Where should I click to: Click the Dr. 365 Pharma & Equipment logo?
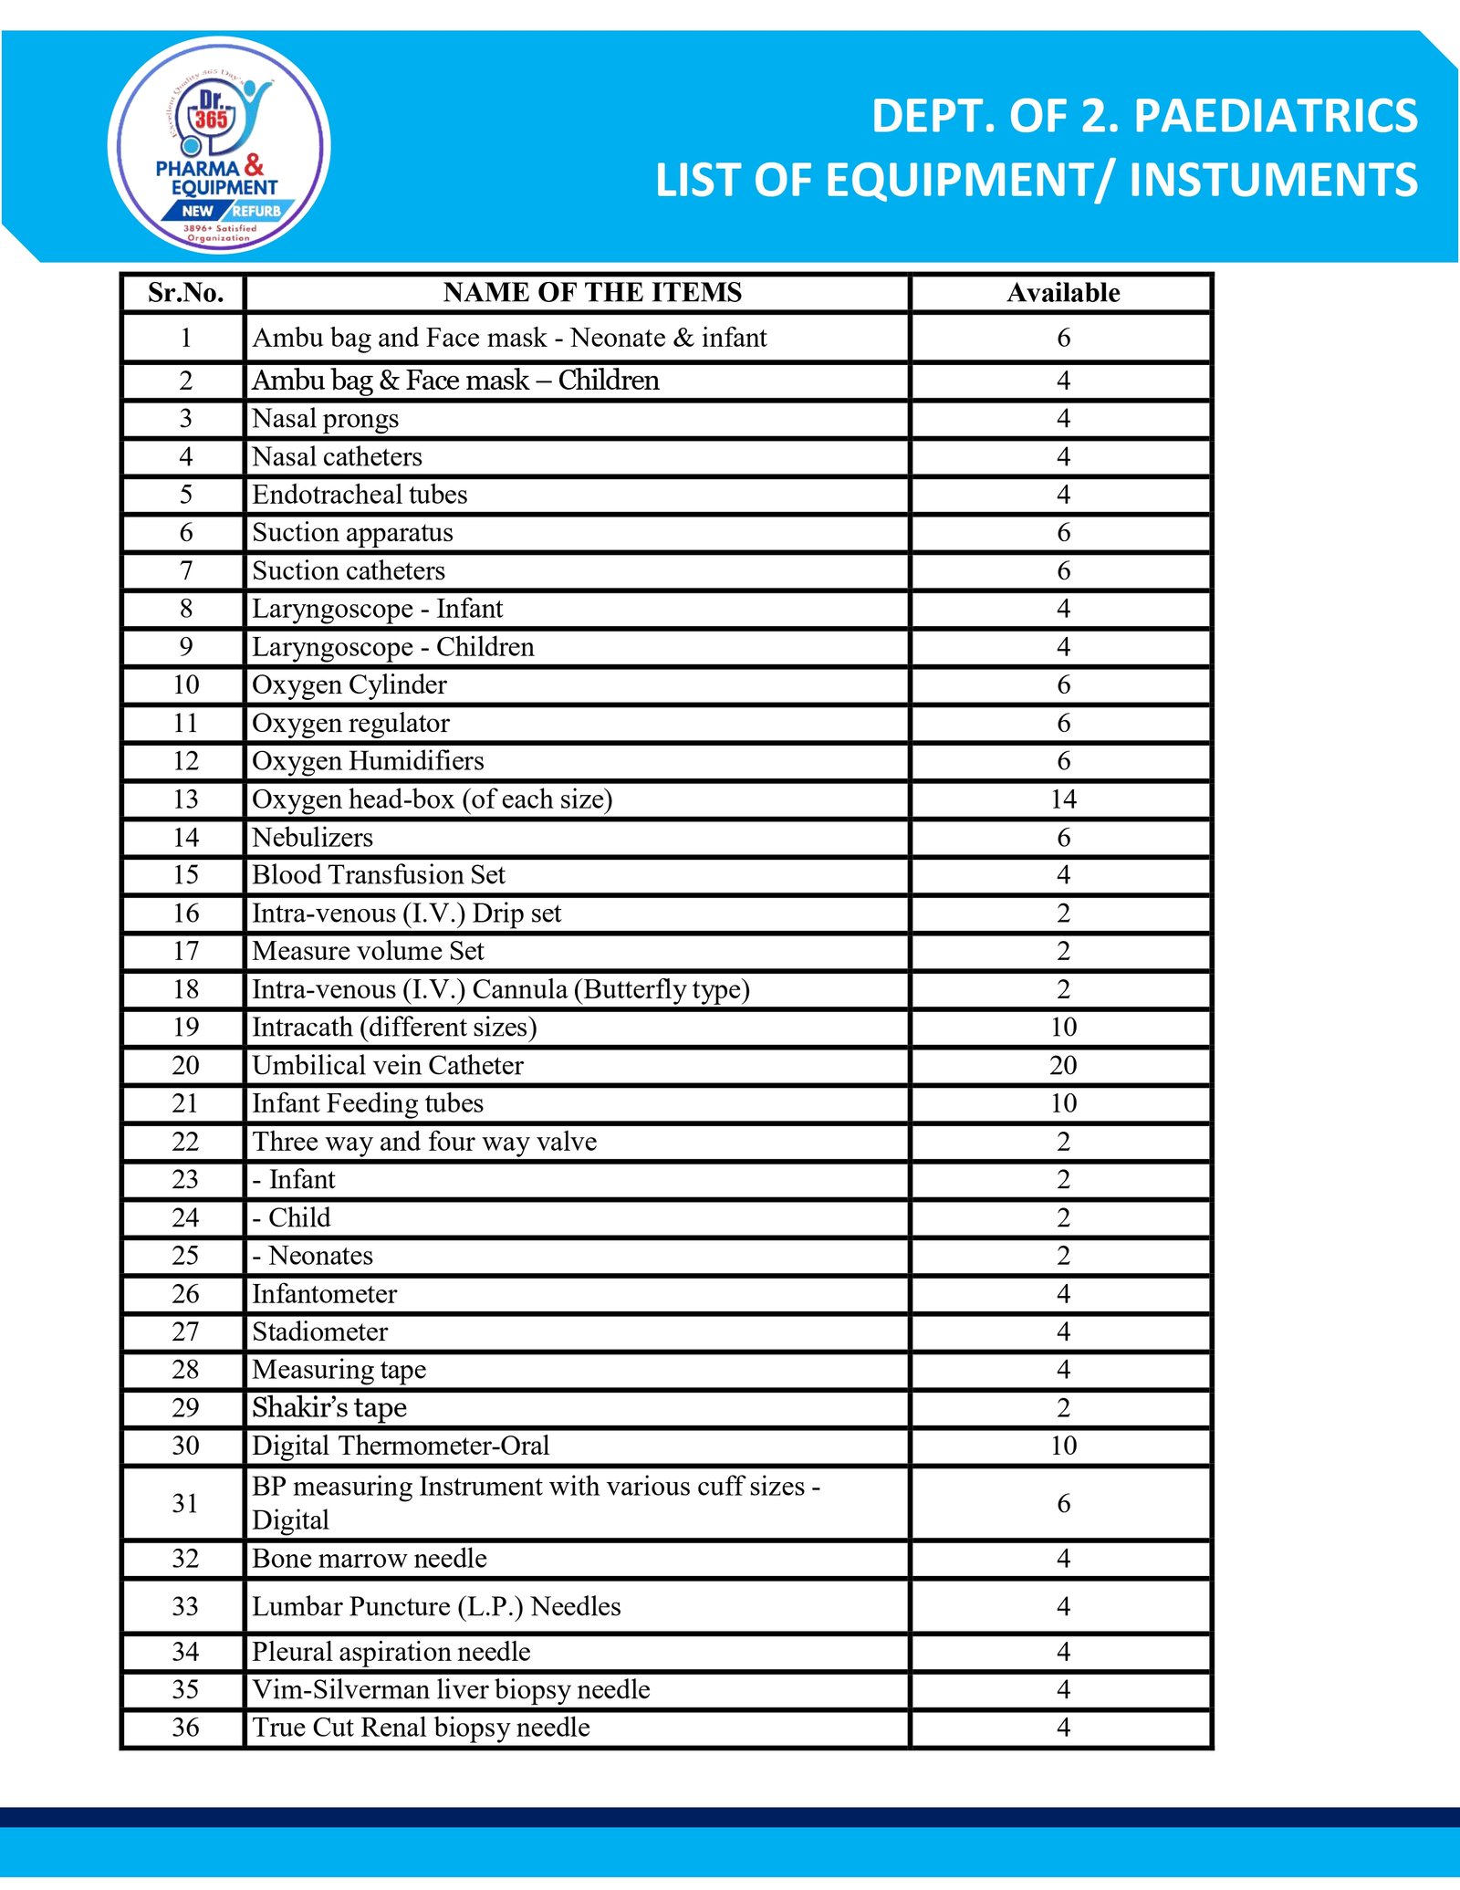coord(219,146)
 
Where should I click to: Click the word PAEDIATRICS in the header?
coord(1275,117)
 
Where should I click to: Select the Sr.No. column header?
coord(185,293)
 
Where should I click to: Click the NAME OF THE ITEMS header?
coord(592,293)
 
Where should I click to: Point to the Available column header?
coord(1063,293)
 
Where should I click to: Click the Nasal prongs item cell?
coord(326,419)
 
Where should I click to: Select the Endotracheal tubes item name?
coord(360,495)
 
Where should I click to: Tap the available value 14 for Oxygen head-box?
coord(1063,799)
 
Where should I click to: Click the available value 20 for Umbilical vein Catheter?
coord(1063,1066)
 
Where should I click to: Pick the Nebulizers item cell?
coord(312,838)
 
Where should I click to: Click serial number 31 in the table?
coord(185,1503)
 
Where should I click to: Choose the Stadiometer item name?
coord(319,1332)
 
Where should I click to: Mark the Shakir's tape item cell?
coord(329,1408)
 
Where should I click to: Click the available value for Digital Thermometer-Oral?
coord(1063,1446)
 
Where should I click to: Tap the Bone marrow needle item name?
coord(370,1559)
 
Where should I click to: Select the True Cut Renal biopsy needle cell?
coord(421,1728)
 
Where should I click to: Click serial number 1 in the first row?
coord(185,339)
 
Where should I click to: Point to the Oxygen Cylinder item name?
coord(349,685)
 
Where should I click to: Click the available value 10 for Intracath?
coord(1063,1028)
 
